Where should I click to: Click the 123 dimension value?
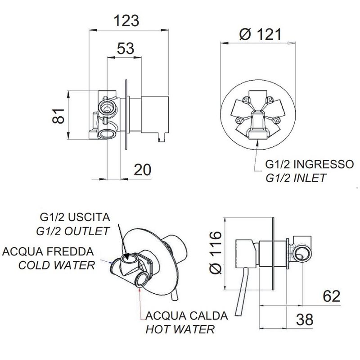click(126, 21)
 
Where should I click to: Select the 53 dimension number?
click(126, 48)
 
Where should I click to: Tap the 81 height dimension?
click(59, 116)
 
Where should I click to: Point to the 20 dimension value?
click(142, 170)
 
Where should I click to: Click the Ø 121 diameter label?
click(260, 35)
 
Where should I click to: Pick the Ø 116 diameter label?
click(216, 252)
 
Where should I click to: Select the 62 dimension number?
click(332, 296)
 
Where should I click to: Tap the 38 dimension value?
click(305, 319)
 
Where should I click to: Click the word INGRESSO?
click(324, 164)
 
